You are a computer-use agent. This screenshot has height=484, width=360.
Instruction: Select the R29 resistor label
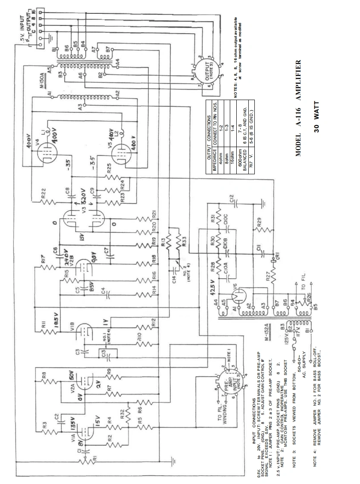[259, 222]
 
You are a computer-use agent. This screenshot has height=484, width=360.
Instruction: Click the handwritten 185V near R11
[55, 321]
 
